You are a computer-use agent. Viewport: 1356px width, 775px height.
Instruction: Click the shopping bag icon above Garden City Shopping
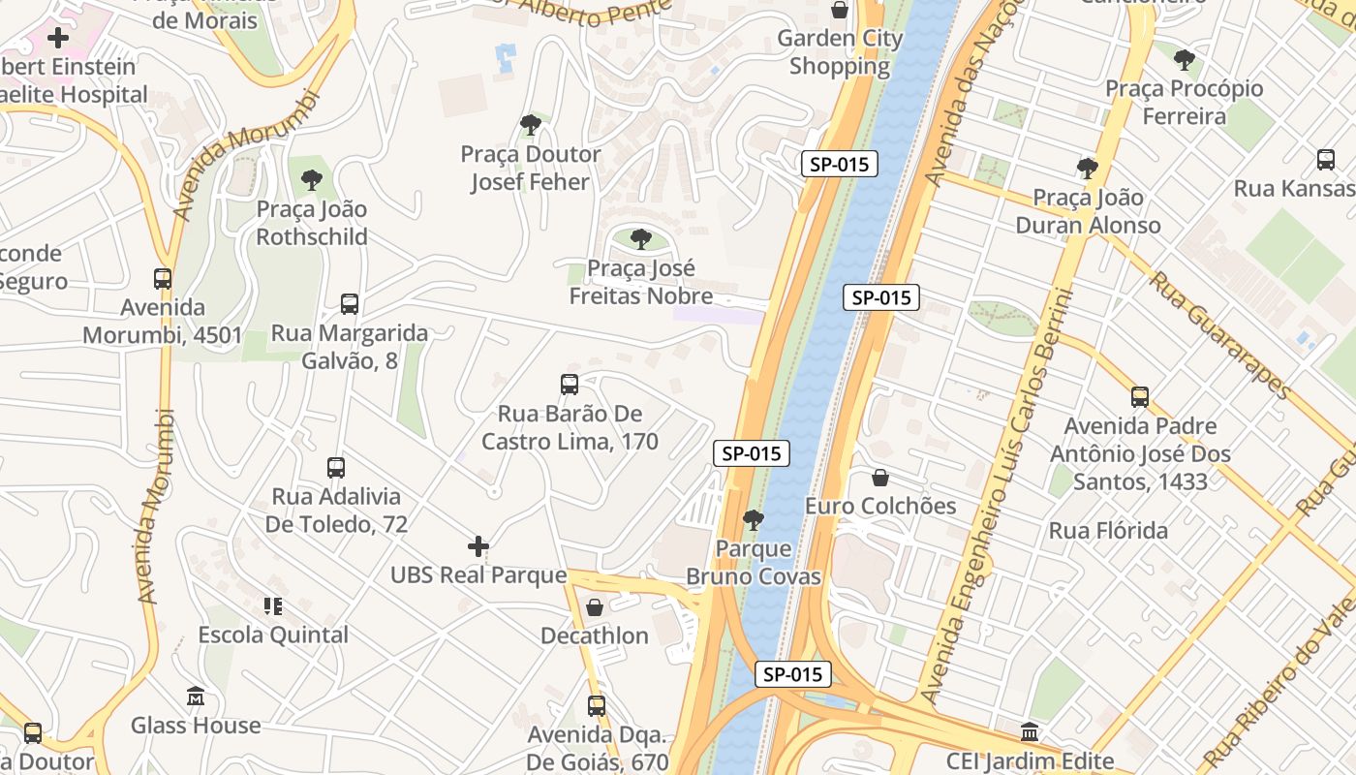click(840, 11)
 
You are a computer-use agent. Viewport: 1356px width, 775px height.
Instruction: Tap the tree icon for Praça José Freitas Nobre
click(640, 239)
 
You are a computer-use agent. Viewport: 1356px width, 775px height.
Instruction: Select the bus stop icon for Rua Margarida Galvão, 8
click(350, 304)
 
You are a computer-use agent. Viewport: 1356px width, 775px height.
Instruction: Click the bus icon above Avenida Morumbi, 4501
click(163, 279)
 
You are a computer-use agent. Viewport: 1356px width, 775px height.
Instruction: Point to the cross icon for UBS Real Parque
click(478, 546)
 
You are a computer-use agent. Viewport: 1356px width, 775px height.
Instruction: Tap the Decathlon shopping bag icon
click(595, 607)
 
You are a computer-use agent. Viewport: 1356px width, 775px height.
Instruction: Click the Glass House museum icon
click(196, 697)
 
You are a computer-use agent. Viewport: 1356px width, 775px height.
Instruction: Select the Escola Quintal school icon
click(273, 606)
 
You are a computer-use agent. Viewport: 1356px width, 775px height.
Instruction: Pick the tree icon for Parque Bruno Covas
click(753, 521)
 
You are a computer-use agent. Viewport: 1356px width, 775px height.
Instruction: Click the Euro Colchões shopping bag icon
click(880, 478)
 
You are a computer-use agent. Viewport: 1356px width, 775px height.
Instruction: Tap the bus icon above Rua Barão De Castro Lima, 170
click(570, 385)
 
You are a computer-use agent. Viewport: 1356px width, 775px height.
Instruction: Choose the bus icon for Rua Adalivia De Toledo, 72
click(336, 468)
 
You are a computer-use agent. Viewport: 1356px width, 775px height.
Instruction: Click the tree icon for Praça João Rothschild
click(311, 180)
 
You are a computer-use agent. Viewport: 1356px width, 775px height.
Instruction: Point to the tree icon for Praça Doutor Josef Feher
click(530, 125)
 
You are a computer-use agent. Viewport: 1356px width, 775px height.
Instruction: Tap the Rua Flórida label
click(1108, 531)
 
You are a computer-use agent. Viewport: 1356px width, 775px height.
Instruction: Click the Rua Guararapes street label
click(1219, 334)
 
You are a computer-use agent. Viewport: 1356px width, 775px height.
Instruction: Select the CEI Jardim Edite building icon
click(1030, 732)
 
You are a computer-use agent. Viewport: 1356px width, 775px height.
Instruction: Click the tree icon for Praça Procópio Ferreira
click(1184, 60)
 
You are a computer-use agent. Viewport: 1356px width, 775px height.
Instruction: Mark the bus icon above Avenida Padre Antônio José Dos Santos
click(1140, 396)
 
